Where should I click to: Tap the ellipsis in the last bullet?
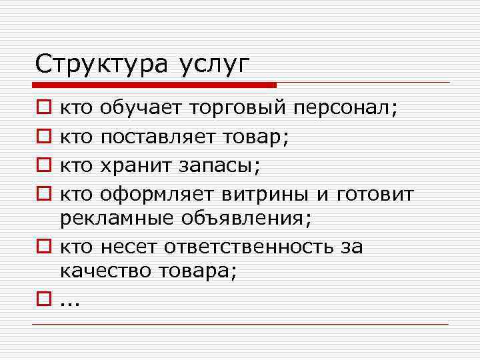pyautogui.click(x=69, y=302)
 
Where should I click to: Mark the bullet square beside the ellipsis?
pyautogui.click(x=43, y=300)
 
